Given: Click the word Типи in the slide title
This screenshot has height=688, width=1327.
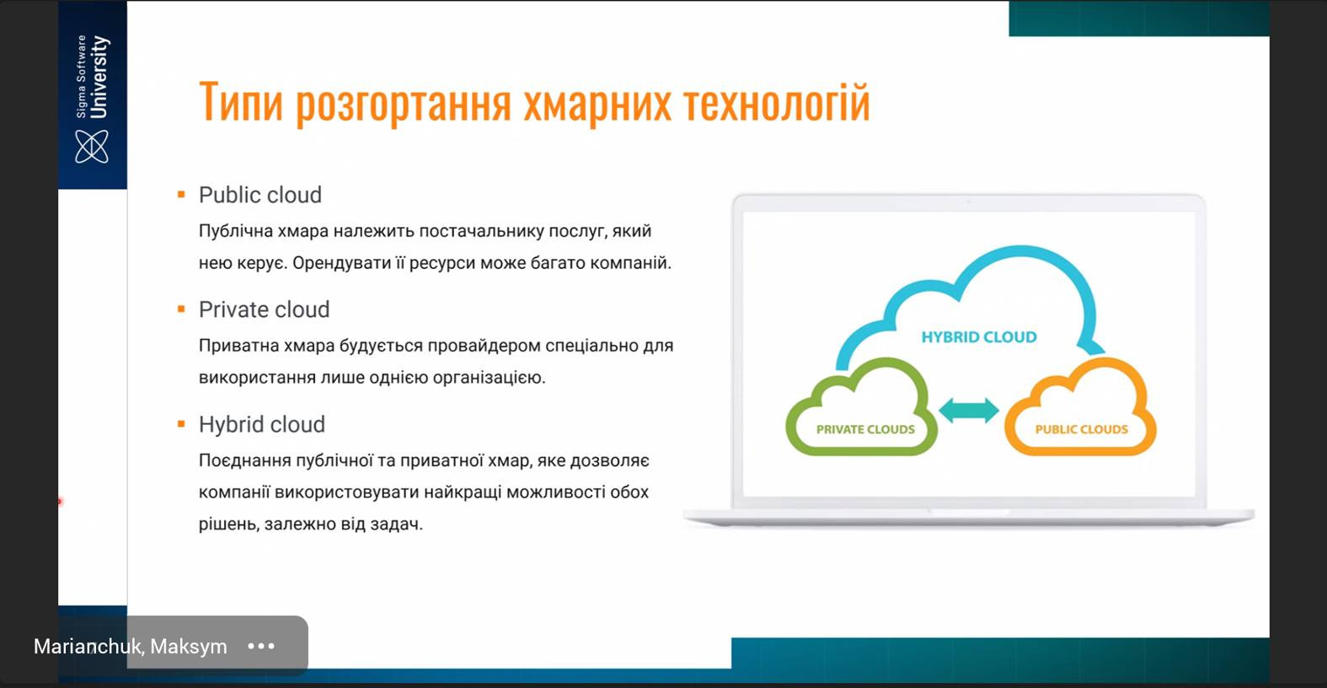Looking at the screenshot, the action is [x=241, y=102].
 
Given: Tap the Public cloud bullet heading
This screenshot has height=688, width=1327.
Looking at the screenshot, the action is [x=260, y=195].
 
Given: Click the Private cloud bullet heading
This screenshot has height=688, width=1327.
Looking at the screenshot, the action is [x=265, y=310].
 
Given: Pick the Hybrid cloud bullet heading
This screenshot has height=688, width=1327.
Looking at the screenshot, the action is [x=262, y=425].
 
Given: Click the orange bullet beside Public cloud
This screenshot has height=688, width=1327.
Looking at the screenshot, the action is [x=181, y=195].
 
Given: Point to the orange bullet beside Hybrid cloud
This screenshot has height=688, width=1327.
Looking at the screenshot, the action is [x=181, y=424].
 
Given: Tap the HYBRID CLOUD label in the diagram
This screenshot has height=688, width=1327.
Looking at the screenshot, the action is [x=979, y=337].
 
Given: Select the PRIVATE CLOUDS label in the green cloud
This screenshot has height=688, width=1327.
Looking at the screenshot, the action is [x=865, y=430].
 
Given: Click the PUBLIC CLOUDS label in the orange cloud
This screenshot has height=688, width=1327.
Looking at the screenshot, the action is [x=1081, y=430].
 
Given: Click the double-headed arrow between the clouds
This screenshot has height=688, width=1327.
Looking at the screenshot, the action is [x=969, y=410].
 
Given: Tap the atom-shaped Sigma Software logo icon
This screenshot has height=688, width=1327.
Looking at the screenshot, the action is [x=92, y=147].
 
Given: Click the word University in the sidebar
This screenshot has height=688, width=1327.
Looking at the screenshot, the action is [x=99, y=77].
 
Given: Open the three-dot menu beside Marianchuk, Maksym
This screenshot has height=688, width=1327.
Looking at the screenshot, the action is [x=261, y=646].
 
